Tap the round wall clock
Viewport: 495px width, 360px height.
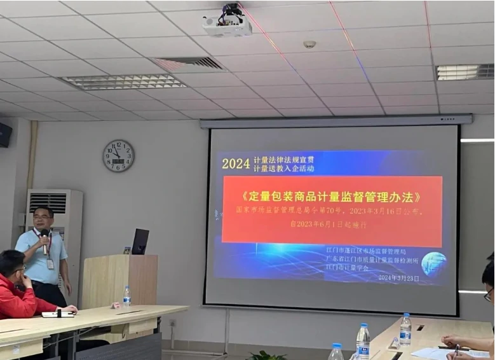pos(118,156)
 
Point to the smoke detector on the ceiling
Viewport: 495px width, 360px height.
pos(309,45)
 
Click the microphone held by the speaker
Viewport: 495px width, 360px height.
pos(44,239)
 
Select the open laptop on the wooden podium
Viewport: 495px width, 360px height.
pos(140,242)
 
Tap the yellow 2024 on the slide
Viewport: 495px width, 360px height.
pos(236,163)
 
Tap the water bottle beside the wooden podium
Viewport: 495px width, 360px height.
pos(127,296)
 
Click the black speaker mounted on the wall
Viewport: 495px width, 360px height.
pos(5,135)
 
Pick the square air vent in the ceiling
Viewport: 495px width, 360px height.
pos(189,64)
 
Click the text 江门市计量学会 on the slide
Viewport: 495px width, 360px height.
pos(348,268)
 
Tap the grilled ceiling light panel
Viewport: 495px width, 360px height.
pos(125,81)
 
